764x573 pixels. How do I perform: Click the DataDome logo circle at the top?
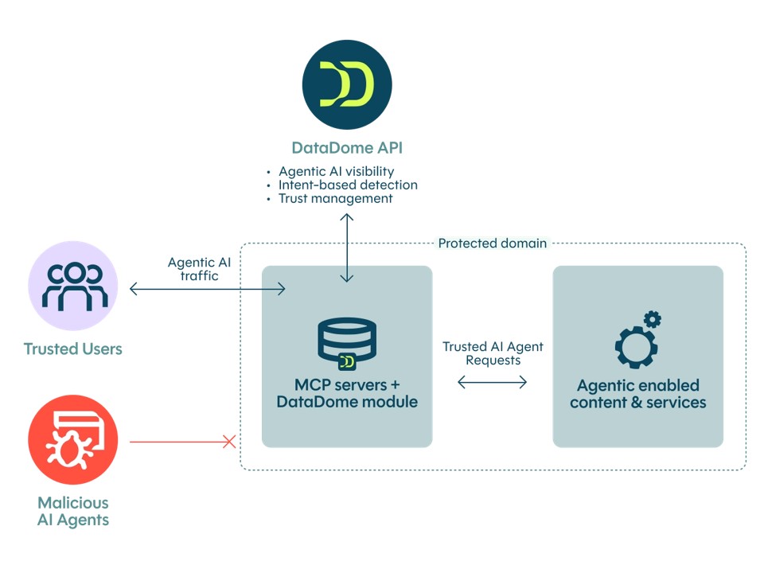(346, 84)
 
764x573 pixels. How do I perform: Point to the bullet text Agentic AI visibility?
(336, 171)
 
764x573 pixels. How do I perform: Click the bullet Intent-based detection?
(348, 185)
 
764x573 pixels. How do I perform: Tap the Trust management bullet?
(335, 198)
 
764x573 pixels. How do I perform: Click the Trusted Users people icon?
(72, 286)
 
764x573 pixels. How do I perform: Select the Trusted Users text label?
(72, 349)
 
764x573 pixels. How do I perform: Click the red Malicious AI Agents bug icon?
(72, 440)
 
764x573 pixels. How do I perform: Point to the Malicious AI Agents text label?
(72, 512)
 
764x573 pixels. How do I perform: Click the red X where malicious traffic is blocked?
(229, 441)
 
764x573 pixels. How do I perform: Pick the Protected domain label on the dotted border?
(493, 243)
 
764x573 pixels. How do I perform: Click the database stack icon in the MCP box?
(346, 344)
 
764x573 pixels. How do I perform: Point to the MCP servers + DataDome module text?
(346, 393)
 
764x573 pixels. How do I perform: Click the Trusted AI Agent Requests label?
(493, 353)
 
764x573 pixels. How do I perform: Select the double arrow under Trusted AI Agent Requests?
(493, 383)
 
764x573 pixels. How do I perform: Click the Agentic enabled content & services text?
(637, 393)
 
